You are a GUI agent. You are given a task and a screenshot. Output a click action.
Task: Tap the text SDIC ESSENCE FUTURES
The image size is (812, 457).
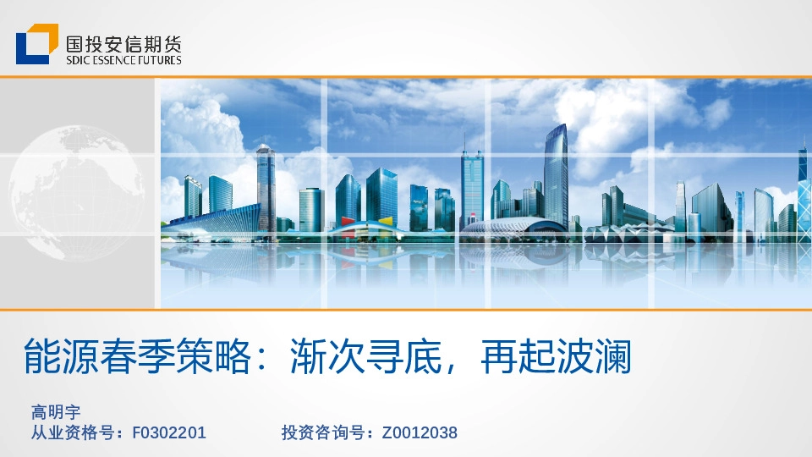tap(123, 60)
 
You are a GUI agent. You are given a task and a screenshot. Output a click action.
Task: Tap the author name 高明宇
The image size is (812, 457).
tap(56, 413)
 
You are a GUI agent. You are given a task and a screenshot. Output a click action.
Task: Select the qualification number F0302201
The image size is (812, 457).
tap(169, 433)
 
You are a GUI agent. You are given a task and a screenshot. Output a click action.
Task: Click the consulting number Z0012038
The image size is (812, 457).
tap(420, 433)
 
